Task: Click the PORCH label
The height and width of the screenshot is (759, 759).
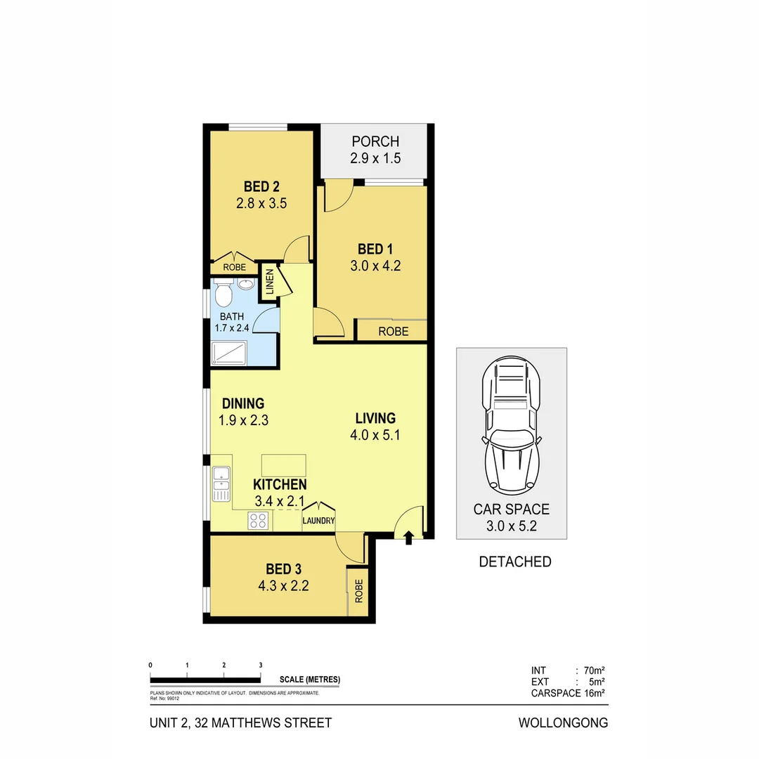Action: coord(375,142)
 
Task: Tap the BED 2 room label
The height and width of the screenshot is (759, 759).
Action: coord(261,187)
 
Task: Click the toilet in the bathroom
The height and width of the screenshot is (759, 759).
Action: coord(224,292)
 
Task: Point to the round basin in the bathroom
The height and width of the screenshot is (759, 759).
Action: coord(245,285)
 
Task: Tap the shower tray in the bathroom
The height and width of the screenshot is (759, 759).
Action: coord(229,353)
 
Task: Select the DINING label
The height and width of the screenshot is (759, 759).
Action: coord(243,404)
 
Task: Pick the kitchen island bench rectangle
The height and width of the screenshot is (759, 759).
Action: coord(284,465)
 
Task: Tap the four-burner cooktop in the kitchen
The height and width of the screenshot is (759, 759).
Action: coord(257,521)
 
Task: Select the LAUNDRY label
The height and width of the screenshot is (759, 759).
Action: coord(318,521)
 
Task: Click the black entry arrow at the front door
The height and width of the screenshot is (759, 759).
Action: coord(408,538)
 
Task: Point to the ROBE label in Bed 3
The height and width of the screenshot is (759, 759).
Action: coord(358,591)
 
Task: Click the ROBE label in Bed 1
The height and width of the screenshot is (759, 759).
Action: coord(393,331)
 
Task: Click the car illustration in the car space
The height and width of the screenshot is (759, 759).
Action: coord(511,429)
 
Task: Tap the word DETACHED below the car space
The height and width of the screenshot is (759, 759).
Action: coord(514,562)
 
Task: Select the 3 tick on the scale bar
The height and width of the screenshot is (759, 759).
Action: coord(261,665)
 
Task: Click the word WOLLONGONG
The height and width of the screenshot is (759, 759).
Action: coord(563,722)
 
